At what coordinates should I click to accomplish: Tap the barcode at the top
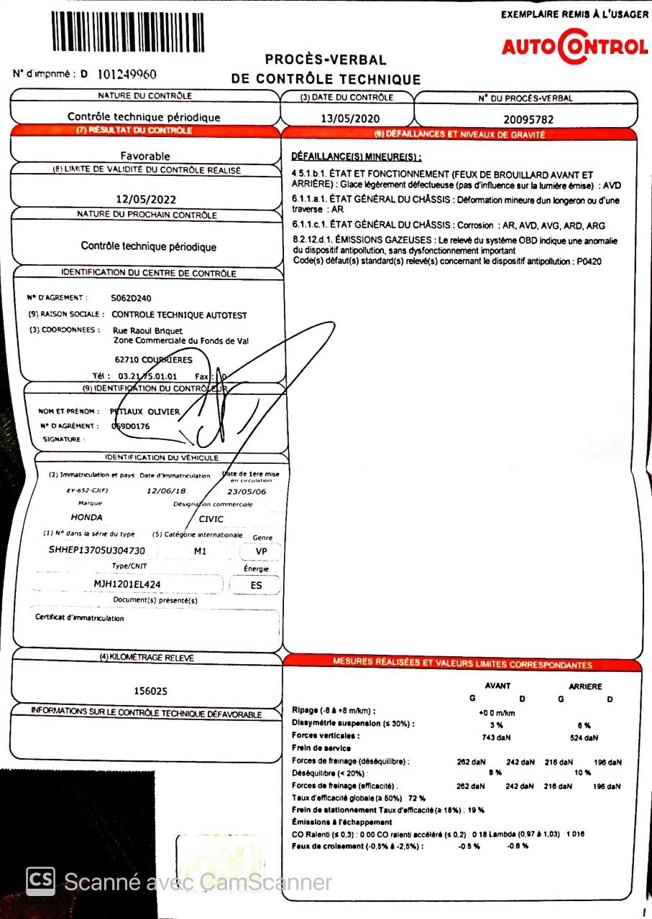tap(128, 32)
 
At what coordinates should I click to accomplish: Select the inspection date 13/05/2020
tap(350, 118)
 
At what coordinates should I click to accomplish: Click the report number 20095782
tap(528, 119)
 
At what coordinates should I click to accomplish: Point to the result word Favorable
tap(145, 156)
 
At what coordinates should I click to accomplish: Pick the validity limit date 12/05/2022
tap(146, 200)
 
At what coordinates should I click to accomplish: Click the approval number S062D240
tap(132, 297)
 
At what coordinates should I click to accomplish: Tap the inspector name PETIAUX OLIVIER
tap(144, 411)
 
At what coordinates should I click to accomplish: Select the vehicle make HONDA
tap(86, 517)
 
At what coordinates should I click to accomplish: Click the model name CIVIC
tap(211, 519)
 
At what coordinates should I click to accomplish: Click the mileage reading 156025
tap(151, 691)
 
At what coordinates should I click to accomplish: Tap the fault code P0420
tap(587, 261)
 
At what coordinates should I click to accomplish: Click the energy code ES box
tap(256, 585)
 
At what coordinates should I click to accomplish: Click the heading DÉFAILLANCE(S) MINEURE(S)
tap(357, 157)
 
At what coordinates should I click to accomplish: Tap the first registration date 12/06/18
tap(166, 491)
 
